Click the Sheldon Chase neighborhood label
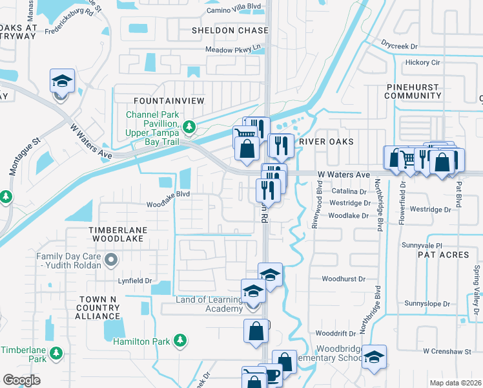(x=230, y=30)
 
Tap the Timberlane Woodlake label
(x=118, y=234)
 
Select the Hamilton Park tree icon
(x=181, y=340)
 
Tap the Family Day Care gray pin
(x=111, y=261)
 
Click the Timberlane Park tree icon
(x=56, y=353)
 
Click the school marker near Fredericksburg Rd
(x=62, y=81)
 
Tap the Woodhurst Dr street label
(x=343, y=279)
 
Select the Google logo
(x=21, y=380)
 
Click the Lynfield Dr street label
(x=134, y=281)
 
